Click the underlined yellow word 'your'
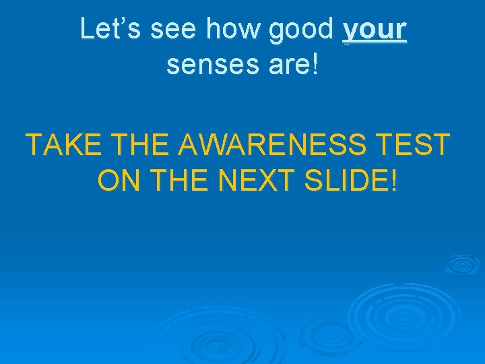[x=375, y=30]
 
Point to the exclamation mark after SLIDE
[x=393, y=180]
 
